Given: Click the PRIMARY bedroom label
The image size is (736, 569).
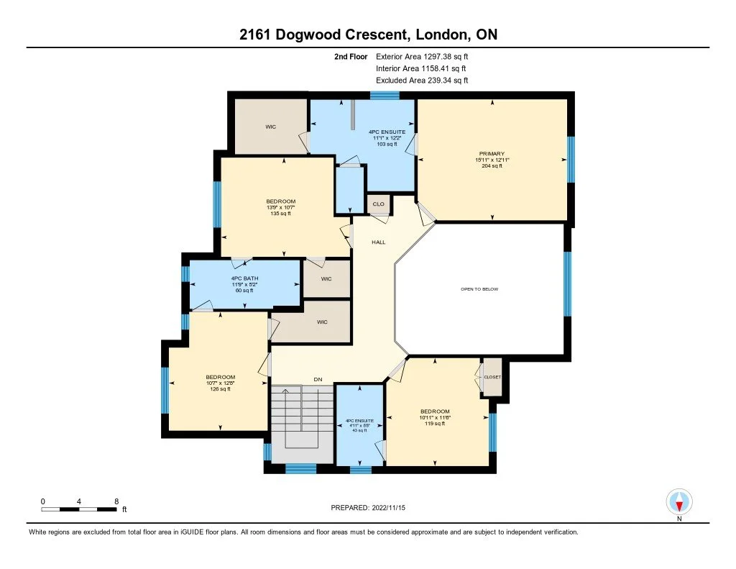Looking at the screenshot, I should coord(492,153).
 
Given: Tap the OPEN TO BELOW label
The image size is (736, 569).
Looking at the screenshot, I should coord(479,289).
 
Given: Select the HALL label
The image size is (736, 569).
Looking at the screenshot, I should coord(378,242).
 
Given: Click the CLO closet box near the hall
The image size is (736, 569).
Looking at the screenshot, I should coord(378,204).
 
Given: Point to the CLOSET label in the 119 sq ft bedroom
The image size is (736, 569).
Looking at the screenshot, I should coord(492,377).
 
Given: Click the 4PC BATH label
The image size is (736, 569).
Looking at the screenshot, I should coord(244,278).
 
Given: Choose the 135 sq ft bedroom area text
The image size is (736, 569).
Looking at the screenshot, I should coord(280,214).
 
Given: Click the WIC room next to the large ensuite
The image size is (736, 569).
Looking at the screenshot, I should coord(270,127).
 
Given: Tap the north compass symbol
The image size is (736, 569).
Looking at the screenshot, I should coord(678,501).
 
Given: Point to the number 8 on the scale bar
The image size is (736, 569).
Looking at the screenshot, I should coord(116,501).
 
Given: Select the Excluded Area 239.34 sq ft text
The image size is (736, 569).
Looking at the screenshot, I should coord(422,81).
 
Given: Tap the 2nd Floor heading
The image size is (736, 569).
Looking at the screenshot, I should coord(351,56).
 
